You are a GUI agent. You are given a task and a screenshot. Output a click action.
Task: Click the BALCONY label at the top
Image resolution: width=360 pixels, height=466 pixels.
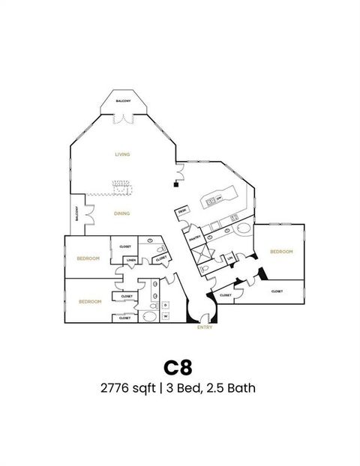(123, 100)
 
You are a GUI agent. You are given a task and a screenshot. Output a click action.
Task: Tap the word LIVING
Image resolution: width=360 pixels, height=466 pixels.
(122, 154)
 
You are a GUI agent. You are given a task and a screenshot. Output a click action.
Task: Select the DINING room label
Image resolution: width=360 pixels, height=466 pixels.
(122, 214)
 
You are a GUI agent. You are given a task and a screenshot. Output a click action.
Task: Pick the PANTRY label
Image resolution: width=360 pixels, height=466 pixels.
(196, 239)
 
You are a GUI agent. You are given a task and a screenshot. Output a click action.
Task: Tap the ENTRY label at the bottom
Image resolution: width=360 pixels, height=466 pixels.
(205, 327)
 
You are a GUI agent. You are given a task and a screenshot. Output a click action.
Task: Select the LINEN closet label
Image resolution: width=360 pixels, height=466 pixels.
(130, 260)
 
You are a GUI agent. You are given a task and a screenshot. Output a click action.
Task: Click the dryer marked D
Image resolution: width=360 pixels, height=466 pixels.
(165, 305)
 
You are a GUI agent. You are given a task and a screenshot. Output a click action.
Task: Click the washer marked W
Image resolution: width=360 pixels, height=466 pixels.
(165, 315)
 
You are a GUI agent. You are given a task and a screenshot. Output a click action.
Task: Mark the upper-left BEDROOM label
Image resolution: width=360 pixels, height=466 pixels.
(88, 258)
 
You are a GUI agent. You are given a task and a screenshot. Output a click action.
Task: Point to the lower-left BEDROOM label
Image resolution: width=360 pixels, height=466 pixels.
(90, 301)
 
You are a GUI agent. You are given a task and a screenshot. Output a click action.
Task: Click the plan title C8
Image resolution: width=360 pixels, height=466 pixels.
(178, 367)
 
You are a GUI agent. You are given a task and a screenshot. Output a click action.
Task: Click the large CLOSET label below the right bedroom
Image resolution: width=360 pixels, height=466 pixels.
(277, 291)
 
